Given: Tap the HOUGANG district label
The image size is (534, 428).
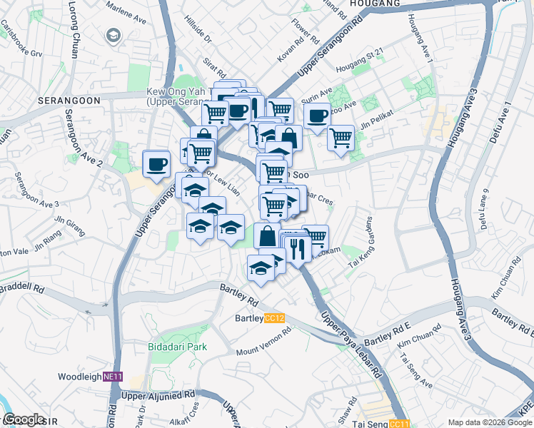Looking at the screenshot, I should [375, 4].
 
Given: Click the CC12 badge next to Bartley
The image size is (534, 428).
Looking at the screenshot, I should [274, 318].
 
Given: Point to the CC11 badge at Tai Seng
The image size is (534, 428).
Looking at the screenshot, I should [400, 423].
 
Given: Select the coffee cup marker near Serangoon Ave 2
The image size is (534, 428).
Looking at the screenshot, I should [156, 164].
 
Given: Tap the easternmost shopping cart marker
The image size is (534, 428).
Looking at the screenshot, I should [341, 136].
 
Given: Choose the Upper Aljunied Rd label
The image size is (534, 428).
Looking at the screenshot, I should [158, 394].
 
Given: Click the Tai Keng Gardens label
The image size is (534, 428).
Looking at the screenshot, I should [361, 243].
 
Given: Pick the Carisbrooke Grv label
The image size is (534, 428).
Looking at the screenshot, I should [21, 38].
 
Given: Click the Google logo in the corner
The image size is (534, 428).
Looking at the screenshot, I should [24, 419].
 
